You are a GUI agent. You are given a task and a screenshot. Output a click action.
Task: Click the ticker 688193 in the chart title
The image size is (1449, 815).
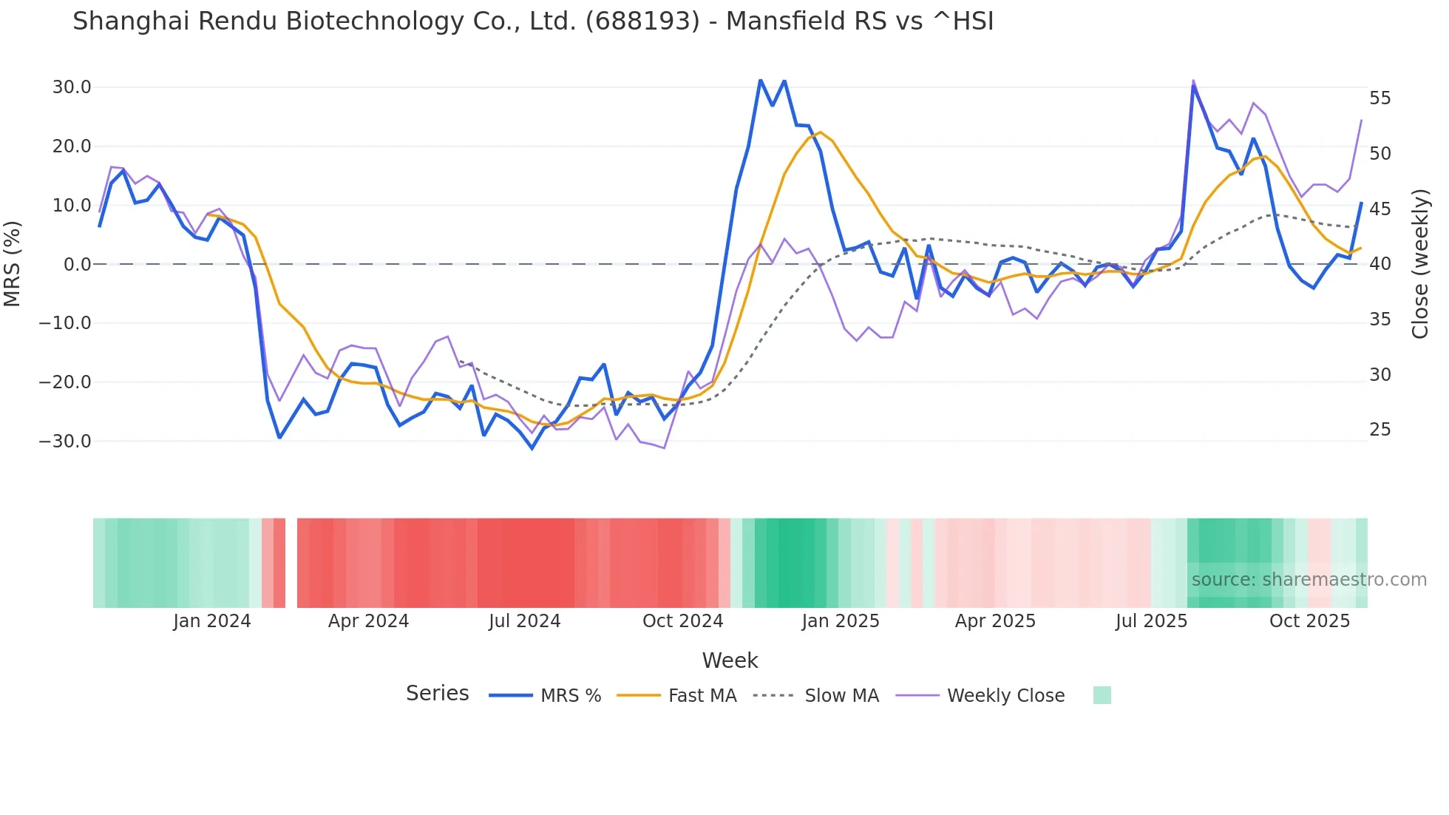(642, 21)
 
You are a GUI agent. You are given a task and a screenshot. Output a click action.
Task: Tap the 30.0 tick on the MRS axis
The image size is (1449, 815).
(72, 87)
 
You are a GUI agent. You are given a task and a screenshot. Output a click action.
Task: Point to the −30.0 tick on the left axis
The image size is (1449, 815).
(65, 442)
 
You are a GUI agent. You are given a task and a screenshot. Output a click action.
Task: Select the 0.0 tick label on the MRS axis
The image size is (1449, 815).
(78, 264)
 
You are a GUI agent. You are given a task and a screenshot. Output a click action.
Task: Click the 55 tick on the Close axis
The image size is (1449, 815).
(1380, 98)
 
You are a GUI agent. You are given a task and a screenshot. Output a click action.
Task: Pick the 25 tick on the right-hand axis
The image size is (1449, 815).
(1380, 430)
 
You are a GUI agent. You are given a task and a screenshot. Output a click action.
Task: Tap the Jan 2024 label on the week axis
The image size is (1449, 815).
(212, 621)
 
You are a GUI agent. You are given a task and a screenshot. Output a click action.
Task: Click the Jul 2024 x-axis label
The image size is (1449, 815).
(525, 621)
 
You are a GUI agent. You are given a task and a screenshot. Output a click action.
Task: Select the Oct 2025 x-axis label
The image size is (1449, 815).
(1309, 621)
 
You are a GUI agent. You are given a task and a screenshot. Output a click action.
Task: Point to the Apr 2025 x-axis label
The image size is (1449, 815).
(995, 621)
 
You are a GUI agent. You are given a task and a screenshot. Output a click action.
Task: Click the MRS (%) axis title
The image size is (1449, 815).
(13, 264)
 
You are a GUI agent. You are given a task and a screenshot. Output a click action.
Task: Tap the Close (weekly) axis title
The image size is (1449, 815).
(1420, 264)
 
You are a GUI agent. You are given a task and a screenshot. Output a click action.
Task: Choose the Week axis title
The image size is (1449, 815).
(730, 660)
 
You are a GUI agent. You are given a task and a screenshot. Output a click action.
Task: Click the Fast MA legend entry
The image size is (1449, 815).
(702, 696)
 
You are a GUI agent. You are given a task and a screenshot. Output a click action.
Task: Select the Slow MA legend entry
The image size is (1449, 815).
(841, 696)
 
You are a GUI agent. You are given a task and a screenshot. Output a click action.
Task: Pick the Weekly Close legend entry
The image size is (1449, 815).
(1005, 696)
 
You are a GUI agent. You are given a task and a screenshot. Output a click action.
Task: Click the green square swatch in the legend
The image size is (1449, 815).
(1102, 695)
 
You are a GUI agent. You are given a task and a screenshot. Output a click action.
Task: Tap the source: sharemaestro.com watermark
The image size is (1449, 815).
(1309, 580)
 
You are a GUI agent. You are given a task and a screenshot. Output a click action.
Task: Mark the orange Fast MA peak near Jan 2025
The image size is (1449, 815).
(821, 132)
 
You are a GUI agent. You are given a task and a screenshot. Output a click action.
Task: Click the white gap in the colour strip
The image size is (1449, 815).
(291, 563)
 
